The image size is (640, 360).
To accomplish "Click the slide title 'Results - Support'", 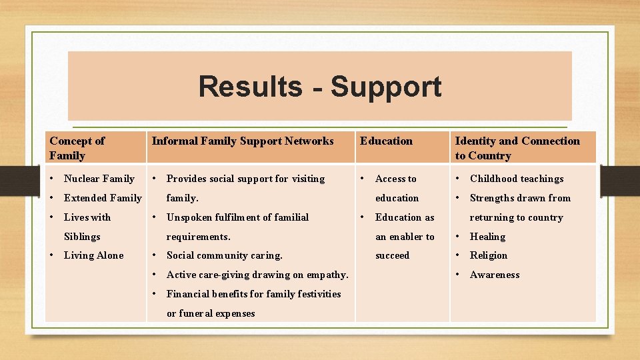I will click(x=319, y=87).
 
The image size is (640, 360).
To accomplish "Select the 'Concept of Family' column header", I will click(x=77, y=148).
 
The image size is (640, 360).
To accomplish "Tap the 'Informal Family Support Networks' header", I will click(x=243, y=141).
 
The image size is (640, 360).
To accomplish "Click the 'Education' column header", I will click(x=386, y=141).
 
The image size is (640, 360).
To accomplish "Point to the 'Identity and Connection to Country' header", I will click(x=517, y=148).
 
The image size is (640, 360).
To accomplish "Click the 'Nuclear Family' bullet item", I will click(x=99, y=179).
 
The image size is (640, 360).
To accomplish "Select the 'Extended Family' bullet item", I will click(x=103, y=198).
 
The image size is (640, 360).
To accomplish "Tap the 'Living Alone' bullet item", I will click(x=93, y=255).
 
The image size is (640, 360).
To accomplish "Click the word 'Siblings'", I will click(x=82, y=237).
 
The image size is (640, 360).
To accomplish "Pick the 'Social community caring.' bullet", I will click(x=224, y=255).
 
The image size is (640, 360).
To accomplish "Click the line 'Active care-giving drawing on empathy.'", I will click(x=257, y=275).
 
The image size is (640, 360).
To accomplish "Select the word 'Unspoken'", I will click(x=187, y=217).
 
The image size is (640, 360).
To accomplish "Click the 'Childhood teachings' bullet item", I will click(x=517, y=179).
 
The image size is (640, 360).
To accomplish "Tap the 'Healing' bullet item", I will click(x=487, y=237).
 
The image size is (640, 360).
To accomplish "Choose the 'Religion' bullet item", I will click(x=489, y=255).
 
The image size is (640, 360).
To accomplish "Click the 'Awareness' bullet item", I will click(x=495, y=275).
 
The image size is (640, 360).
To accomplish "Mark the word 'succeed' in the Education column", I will click(x=393, y=255).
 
